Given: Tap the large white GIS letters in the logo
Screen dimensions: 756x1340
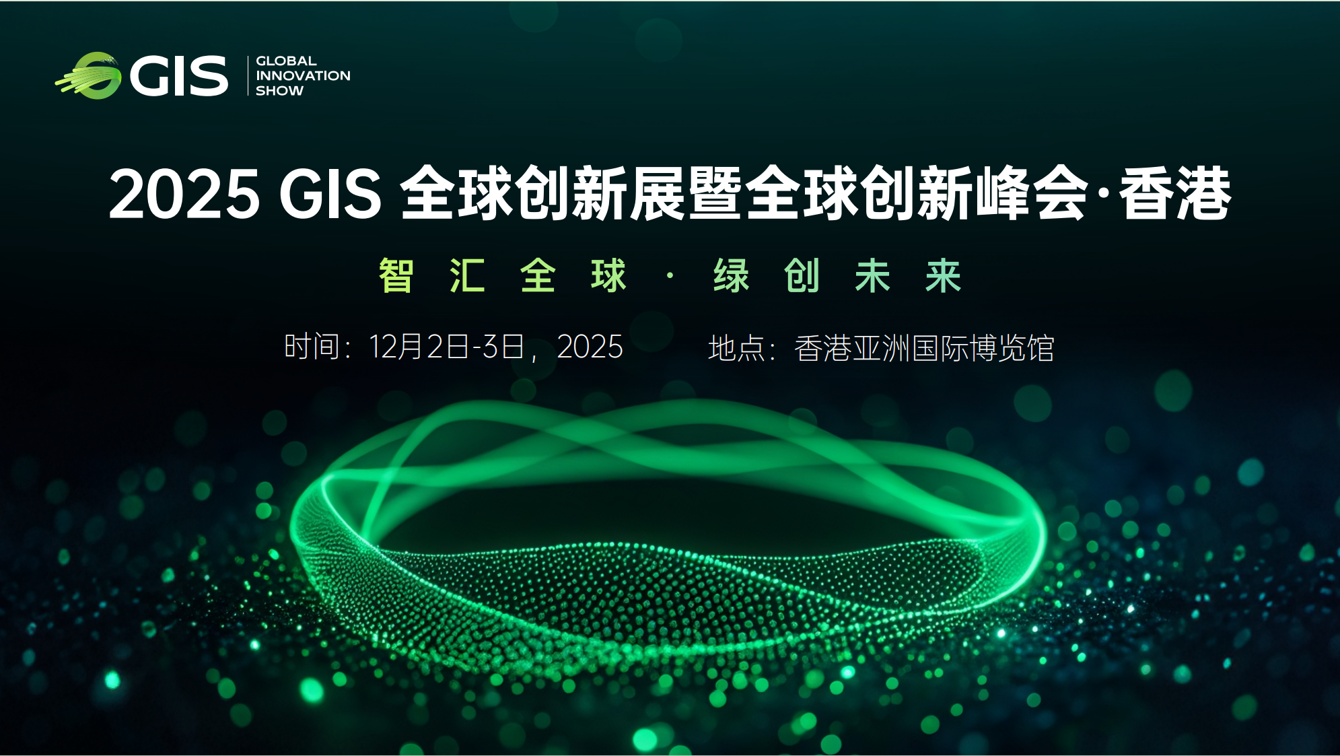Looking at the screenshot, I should (179, 76).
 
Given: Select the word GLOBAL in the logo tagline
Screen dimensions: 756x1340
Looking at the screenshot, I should (286, 61).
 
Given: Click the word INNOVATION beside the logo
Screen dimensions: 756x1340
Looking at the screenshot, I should (303, 75).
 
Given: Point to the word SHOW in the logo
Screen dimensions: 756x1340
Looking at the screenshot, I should (279, 90).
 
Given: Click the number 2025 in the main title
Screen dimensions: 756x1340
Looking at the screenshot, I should (184, 195).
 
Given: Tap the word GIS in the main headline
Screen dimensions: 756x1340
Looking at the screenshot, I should (330, 195).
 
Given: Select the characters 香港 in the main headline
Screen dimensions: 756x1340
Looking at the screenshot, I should (1175, 195).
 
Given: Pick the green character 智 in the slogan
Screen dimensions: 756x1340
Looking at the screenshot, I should (396, 275).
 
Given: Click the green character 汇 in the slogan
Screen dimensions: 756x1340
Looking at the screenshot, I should (467, 275).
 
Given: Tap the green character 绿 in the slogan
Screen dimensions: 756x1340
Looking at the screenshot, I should (731, 275).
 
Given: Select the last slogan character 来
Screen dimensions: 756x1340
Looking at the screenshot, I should (943, 275).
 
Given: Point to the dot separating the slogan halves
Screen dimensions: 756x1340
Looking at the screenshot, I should (670, 275).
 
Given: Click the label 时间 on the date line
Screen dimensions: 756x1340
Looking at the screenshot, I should (312, 347).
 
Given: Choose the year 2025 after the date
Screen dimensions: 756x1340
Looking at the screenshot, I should (590, 347).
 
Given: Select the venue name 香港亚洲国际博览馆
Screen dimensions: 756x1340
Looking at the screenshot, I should (924, 348).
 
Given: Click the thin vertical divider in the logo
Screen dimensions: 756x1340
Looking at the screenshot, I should (248, 75).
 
